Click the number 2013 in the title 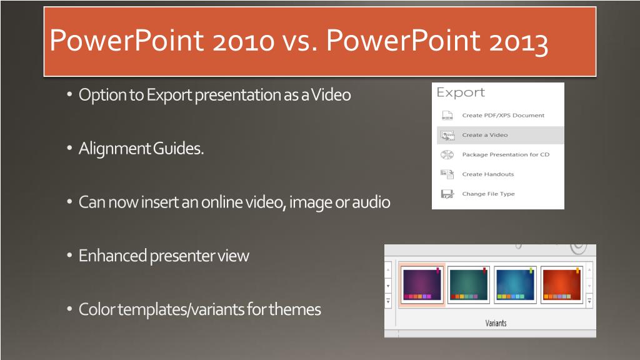coord(518,42)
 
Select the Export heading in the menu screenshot coord(461,92)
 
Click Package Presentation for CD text coord(506,155)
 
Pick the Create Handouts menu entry coord(487,174)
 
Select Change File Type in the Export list coord(488,194)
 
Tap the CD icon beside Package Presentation coord(447,155)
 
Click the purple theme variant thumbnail coord(422,284)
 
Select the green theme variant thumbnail coord(468,284)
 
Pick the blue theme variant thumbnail coord(515,284)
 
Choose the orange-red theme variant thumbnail coord(562,284)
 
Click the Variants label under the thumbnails coord(496,323)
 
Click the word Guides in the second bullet coord(178,149)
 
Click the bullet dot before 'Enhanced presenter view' coord(69,256)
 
